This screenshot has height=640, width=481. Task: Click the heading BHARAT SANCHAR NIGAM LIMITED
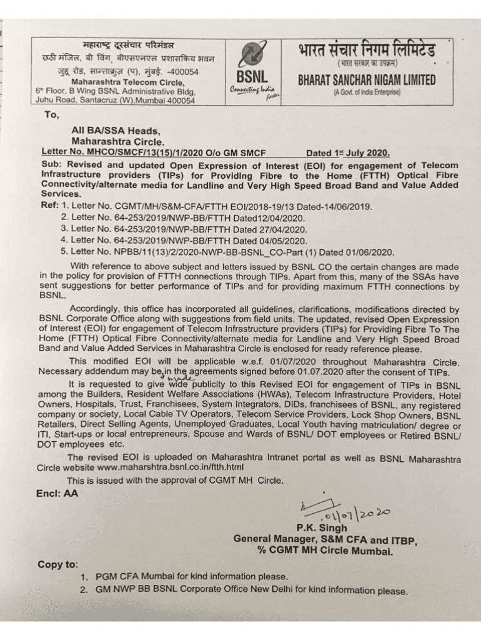pos(367,81)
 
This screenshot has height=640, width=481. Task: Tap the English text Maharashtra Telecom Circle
pos(127,82)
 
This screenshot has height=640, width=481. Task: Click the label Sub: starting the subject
pos(51,164)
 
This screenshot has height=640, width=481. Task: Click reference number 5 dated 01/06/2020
pos(228,251)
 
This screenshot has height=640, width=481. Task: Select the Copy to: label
pos(58,564)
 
